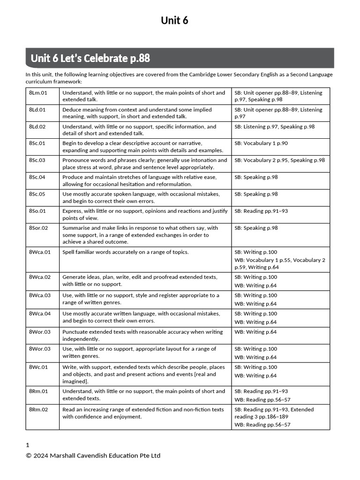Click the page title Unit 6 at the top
(174, 20)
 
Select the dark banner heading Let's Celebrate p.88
(90, 59)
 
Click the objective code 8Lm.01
(38, 93)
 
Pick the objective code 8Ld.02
(37, 127)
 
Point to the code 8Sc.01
(37, 143)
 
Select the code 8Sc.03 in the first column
(37, 160)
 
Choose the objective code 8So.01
(37, 211)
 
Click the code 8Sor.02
(38, 228)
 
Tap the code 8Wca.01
(39, 252)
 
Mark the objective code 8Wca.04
(39, 314)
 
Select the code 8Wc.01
(38, 367)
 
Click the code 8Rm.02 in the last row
(38, 410)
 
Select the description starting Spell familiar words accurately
(125, 252)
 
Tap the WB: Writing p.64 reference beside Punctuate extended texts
(255, 332)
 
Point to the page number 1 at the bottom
(28, 445)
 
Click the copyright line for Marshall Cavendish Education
(93, 456)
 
